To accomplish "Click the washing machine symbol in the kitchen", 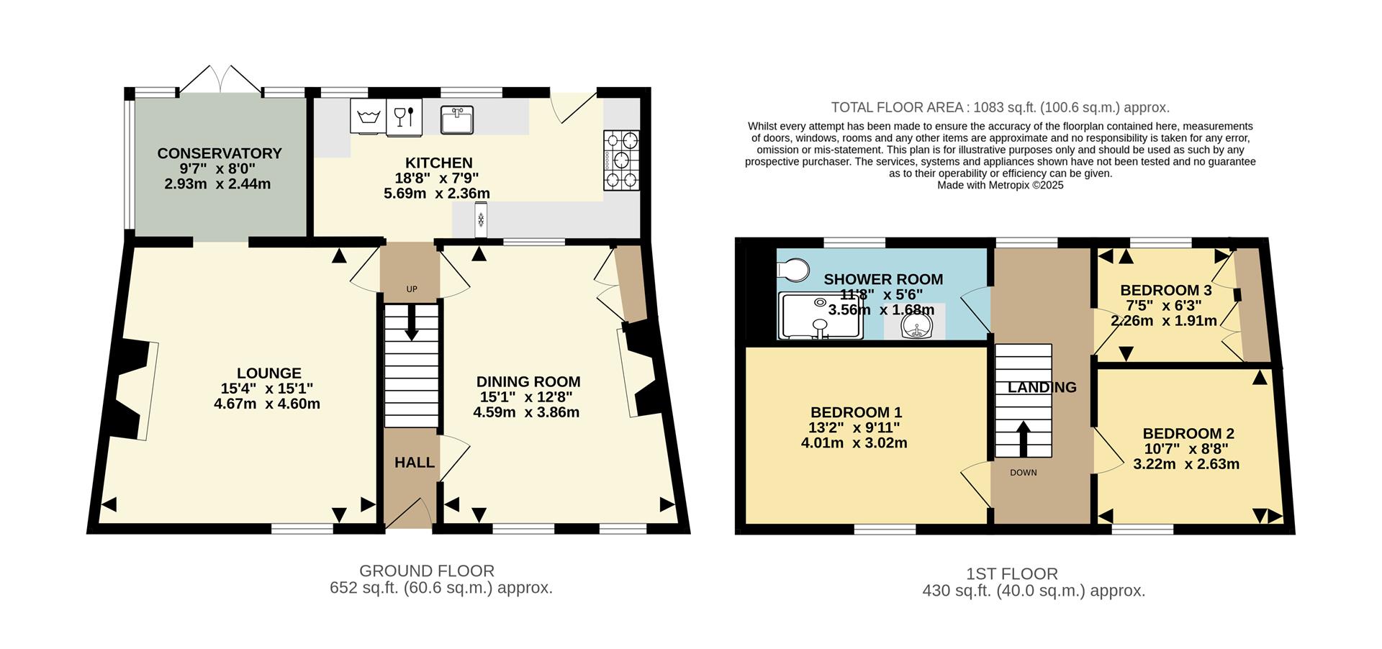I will coord(368,116).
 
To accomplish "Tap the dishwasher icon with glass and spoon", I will coord(404,117).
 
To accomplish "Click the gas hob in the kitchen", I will coord(621,160).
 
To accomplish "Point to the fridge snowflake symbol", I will coord(480,219).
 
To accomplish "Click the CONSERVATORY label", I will coord(220,153).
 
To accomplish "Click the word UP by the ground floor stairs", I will coord(412,289).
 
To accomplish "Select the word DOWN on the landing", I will coord(1023,473).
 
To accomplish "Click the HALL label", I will coord(415,463).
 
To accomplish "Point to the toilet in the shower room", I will coord(792,271).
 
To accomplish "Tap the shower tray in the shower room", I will coord(821,315).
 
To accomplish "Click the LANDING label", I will coord(1042,387).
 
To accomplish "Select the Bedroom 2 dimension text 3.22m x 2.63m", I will coord(1186,464).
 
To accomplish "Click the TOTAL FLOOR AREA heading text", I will coord(1000,108).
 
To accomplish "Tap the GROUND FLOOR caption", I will coord(426,571).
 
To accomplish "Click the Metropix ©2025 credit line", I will coord(1000,185).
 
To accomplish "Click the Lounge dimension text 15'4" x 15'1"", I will coord(267,389).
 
